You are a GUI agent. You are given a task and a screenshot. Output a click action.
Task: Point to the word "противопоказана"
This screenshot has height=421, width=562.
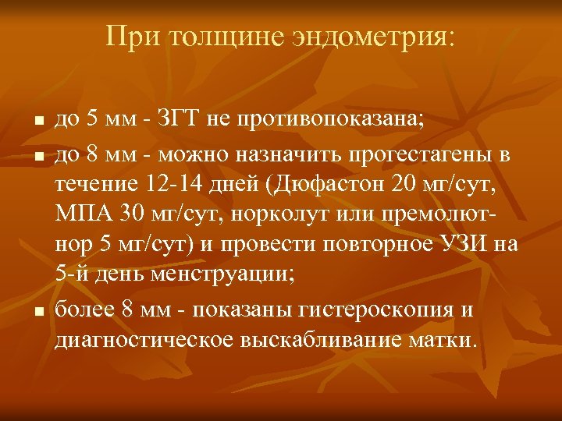pyautogui.click(x=342, y=122)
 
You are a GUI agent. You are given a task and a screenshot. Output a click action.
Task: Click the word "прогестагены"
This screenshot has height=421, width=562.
pyautogui.click(x=414, y=156)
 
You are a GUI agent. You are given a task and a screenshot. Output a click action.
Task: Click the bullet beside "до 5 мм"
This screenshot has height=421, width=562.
pyautogui.click(x=37, y=124)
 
